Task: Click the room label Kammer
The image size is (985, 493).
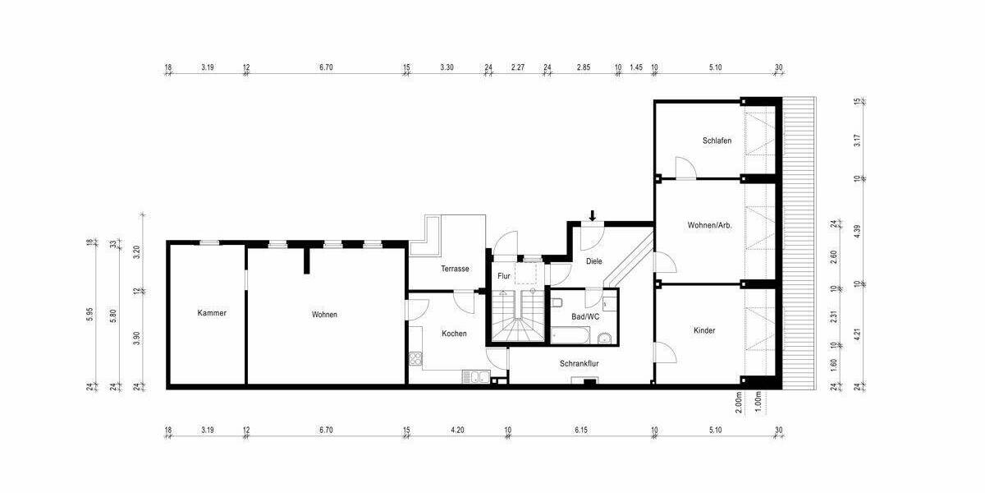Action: pos(212,313)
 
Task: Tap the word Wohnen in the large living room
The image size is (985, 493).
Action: pos(324,314)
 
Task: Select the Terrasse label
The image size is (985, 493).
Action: pos(455,269)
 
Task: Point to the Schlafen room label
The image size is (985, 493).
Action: pos(717,141)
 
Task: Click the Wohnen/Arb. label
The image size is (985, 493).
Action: pos(710,224)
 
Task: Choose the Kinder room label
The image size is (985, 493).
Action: pos(704,330)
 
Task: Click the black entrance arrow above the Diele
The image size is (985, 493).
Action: pos(593,216)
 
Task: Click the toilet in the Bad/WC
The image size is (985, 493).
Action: pos(557,303)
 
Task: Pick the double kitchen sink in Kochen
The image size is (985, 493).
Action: pos(474,377)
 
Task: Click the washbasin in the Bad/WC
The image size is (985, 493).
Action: pos(605,337)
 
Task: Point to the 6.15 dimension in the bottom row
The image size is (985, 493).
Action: pos(581,430)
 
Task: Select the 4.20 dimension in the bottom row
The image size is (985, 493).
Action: pos(457,430)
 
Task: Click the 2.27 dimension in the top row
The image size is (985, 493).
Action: pos(517,67)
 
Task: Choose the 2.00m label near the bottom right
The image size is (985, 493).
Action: pos(739,400)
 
